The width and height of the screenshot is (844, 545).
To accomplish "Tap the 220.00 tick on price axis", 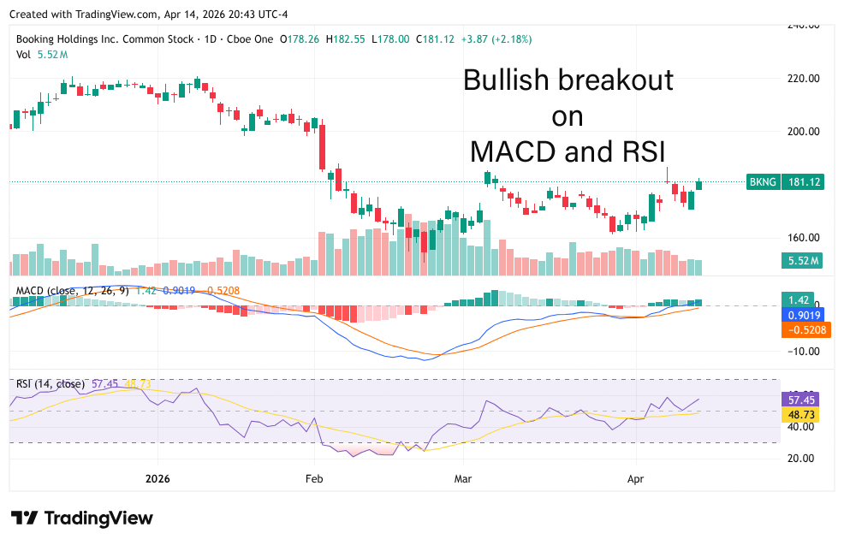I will tap(805, 78).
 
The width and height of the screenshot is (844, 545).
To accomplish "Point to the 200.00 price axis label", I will tap(805, 131).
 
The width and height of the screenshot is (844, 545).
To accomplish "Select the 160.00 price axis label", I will tap(805, 238).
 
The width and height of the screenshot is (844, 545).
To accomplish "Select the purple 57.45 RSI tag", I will tap(801, 400).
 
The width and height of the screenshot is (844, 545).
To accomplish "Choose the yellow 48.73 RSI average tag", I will tap(801, 414).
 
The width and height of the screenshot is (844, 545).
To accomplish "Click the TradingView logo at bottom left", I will tap(82, 518).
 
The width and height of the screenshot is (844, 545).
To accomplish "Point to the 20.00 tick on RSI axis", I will tap(805, 458).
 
